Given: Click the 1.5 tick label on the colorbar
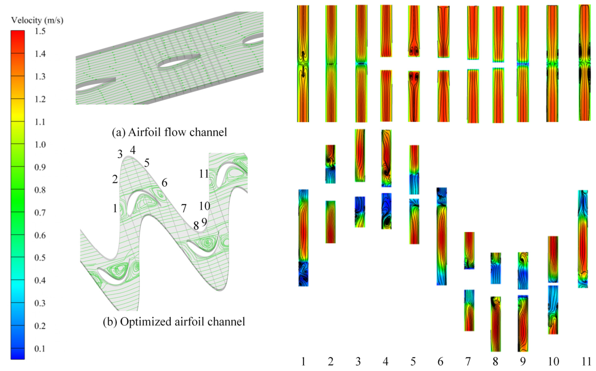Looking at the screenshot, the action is (x=40, y=31).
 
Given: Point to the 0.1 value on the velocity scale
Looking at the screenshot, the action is (x=40, y=349).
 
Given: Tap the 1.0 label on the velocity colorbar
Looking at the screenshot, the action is (x=40, y=145).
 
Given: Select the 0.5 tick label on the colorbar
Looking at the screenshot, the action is (x=40, y=258).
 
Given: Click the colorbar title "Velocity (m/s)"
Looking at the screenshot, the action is (x=37, y=20).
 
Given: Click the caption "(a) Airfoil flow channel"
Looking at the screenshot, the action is (x=169, y=132).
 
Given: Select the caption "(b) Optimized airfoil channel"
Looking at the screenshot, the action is (x=174, y=322).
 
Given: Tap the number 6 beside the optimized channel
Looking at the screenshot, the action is (x=164, y=183).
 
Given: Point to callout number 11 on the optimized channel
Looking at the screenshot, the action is (x=204, y=174).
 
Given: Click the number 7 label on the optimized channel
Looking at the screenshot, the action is (x=184, y=208).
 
